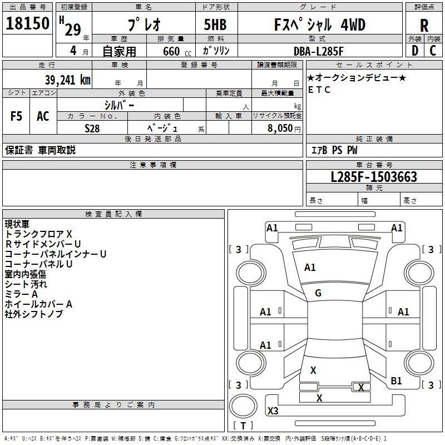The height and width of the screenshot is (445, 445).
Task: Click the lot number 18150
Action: (27, 23)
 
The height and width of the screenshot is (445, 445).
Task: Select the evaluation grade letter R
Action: (424, 25)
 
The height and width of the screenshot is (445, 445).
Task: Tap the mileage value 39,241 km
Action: (68, 80)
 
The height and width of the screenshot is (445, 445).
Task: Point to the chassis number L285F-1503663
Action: (374, 177)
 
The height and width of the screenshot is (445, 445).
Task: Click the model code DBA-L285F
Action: (318, 51)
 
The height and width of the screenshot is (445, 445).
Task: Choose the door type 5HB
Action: (215, 24)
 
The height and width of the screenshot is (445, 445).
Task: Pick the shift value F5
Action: (16, 116)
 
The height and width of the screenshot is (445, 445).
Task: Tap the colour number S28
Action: (92, 128)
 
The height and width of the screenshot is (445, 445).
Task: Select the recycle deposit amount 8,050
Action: (280, 128)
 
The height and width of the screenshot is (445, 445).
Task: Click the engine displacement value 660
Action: (171, 51)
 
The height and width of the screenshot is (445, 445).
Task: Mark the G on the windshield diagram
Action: (318, 293)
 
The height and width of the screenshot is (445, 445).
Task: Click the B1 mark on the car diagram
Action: (396, 381)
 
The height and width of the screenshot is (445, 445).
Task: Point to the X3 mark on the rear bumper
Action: (273, 411)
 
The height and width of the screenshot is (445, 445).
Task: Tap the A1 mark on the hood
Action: (310, 268)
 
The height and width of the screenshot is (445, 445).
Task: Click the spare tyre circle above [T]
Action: (243, 406)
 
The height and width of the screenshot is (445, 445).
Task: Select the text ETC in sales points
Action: (319, 90)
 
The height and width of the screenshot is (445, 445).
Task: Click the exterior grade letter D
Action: (415, 51)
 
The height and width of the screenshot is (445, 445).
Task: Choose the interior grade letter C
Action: (433, 51)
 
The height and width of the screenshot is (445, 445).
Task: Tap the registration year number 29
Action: (73, 29)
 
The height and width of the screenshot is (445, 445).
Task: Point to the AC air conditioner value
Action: (43, 116)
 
